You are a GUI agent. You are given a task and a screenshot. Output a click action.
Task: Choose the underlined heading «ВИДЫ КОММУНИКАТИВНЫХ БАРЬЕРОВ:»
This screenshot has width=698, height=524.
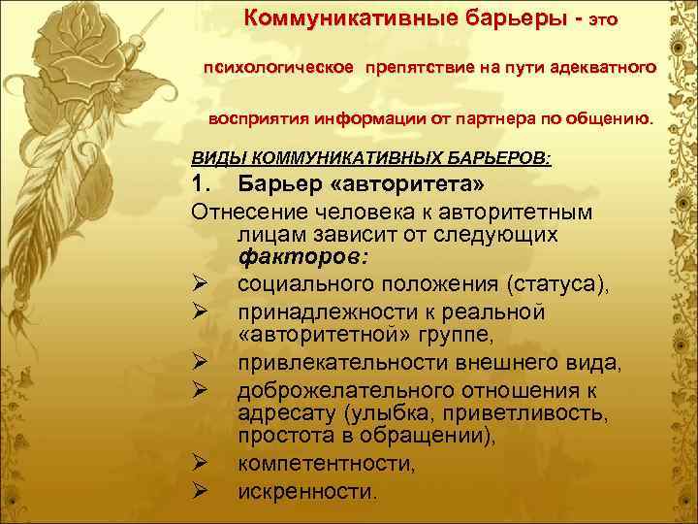pos(371,157)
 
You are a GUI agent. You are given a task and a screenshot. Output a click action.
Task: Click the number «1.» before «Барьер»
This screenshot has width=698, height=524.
pos(205,184)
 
